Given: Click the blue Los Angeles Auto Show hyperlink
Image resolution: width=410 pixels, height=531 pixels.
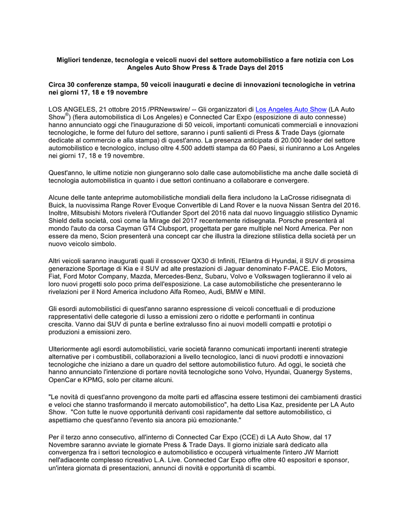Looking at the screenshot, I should click(x=291, y=109).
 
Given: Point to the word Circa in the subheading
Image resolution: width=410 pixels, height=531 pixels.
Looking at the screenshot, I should click(x=59, y=84).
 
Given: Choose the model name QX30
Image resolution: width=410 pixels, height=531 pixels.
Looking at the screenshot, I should click(x=187, y=260).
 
